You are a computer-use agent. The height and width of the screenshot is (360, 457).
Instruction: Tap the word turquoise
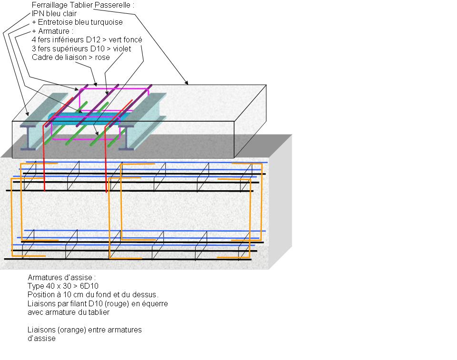coord(105,22)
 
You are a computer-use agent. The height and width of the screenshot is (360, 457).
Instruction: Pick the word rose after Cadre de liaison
coord(102,57)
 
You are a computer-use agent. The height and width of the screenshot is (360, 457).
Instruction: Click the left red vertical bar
coord(44,162)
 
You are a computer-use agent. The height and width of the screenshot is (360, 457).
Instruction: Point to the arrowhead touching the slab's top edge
coord(187,84)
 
